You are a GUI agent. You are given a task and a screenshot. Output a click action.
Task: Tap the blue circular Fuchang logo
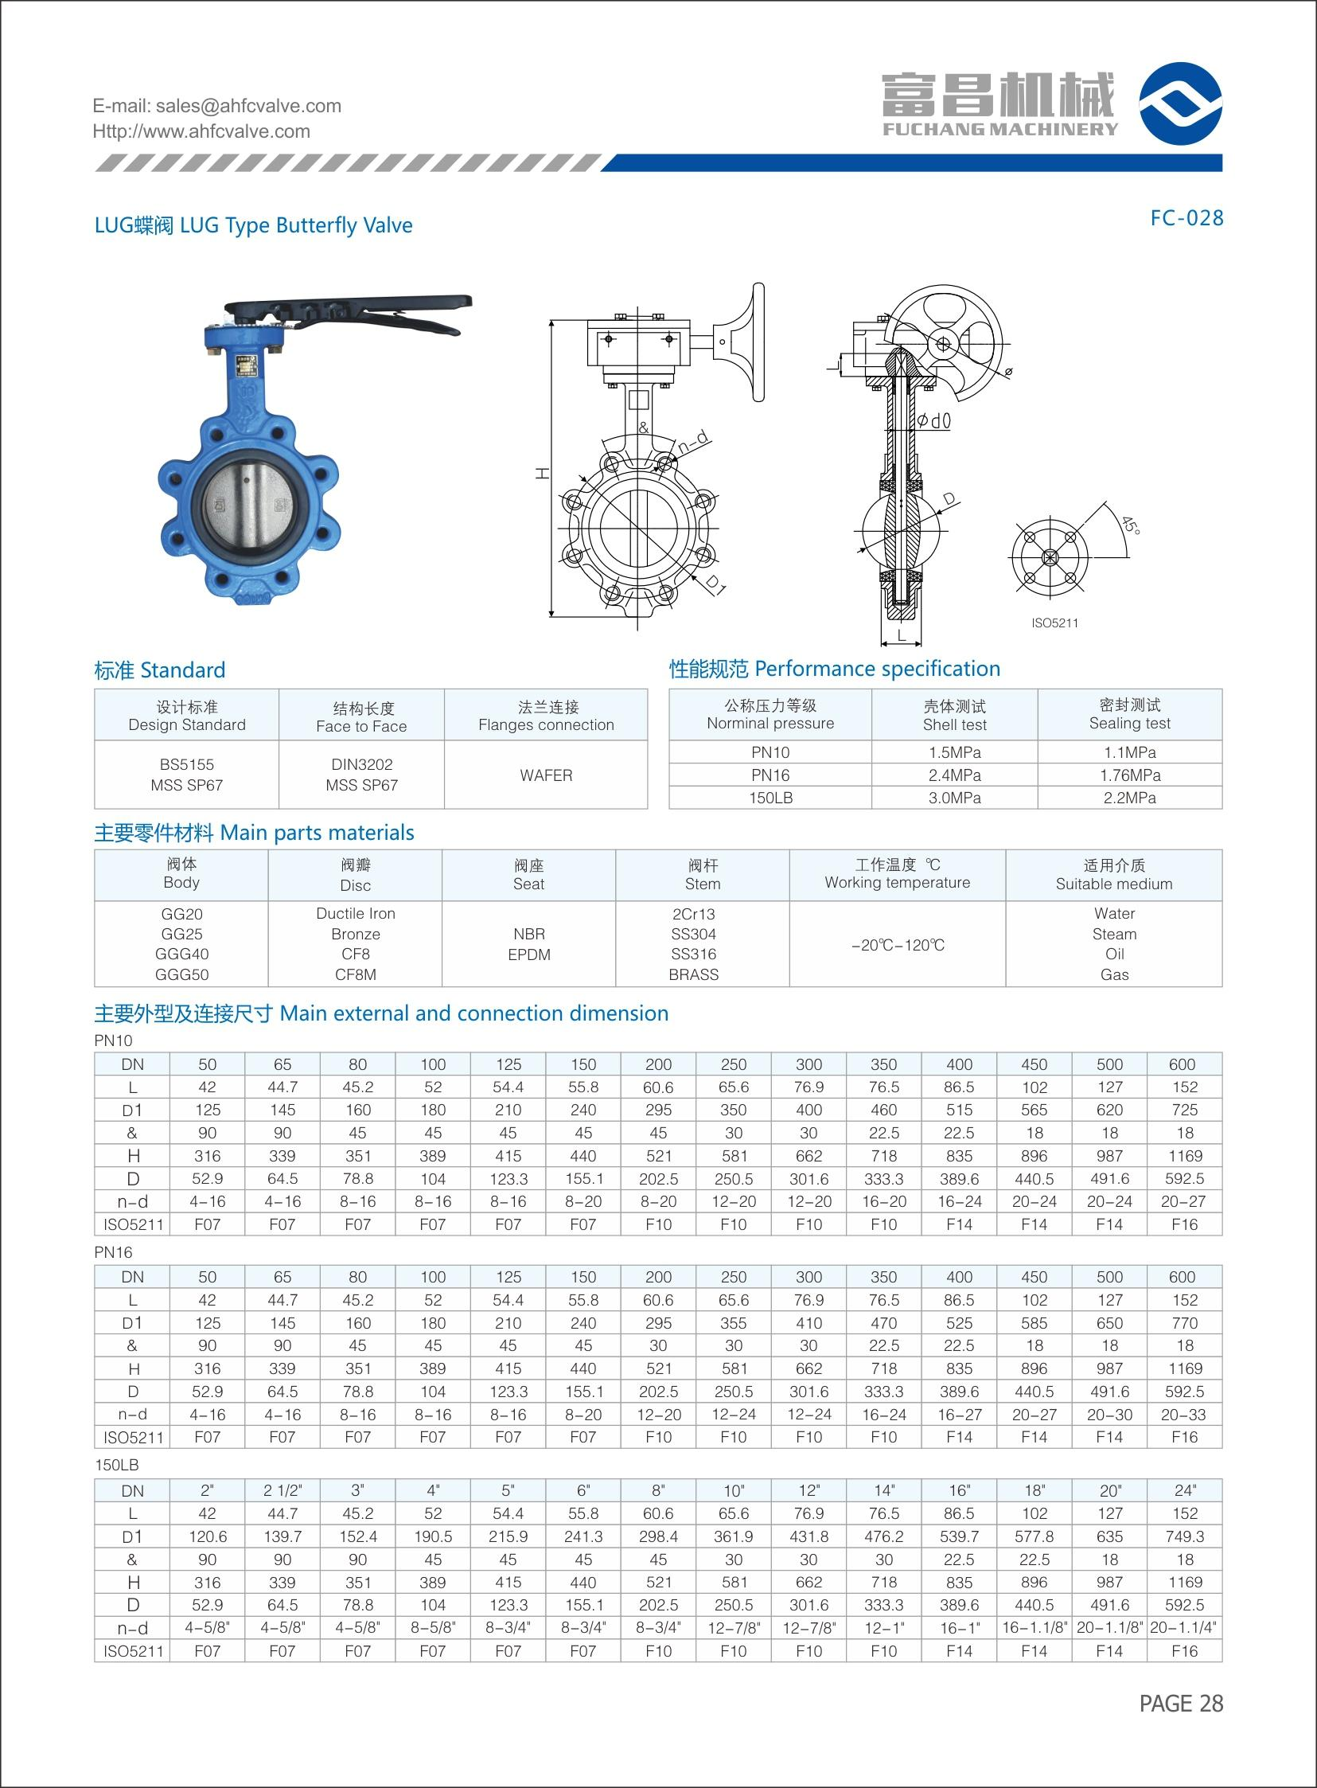pyautogui.click(x=1180, y=103)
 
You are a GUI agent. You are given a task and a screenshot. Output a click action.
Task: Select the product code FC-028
pyautogui.click(x=1186, y=218)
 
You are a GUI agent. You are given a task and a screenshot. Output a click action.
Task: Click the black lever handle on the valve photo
pyautogui.click(x=351, y=307)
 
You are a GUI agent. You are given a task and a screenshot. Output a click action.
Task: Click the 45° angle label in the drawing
pyautogui.click(x=1131, y=525)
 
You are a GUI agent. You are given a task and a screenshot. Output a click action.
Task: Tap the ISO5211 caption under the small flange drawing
pyautogui.click(x=1054, y=623)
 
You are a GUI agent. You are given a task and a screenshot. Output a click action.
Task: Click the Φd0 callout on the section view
pyautogui.click(x=933, y=420)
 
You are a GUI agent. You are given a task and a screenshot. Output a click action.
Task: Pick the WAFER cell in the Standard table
pyautogui.click(x=545, y=775)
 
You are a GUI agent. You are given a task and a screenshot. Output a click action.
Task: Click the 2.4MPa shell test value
pyautogui.click(x=953, y=775)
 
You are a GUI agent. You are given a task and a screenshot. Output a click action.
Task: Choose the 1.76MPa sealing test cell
pyautogui.click(x=1129, y=775)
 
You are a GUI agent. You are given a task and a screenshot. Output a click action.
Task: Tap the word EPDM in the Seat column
pyautogui.click(x=528, y=954)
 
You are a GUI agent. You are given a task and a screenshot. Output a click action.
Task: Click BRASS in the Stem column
pyautogui.click(x=694, y=974)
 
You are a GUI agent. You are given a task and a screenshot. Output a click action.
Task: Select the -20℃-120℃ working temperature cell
pyautogui.click(x=897, y=945)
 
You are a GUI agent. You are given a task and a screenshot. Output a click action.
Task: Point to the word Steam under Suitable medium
pyautogui.click(x=1114, y=934)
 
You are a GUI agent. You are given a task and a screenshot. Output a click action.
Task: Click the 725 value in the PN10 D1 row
pyautogui.click(x=1184, y=1109)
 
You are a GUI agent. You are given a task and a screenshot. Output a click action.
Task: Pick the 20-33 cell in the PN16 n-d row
pyautogui.click(x=1184, y=1414)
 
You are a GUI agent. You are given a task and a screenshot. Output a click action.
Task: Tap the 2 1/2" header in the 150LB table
pyautogui.click(x=282, y=1489)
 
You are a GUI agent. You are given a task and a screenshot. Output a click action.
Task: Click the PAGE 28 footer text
pyautogui.click(x=1181, y=1703)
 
